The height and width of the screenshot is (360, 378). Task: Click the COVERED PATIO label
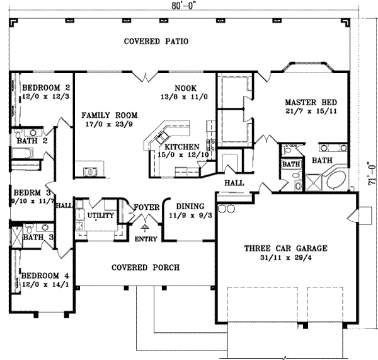pyautogui.click(x=156, y=42)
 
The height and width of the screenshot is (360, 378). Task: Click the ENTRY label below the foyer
pyautogui.click(x=146, y=238)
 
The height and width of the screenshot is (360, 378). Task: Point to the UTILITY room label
pyautogui.click(x=100, y=216)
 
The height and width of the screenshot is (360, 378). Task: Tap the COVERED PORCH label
pyautogui.click(x=146, y=267)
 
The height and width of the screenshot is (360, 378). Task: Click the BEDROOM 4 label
pyautogui.click(x=45, y=276)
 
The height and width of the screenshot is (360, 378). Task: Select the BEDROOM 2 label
pyautogui.click(x=45, y=88)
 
